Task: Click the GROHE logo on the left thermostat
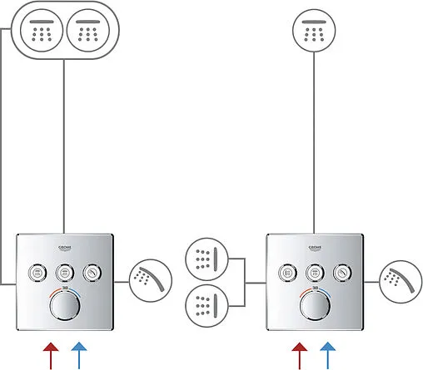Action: pyautogui.click(x=65, y=248)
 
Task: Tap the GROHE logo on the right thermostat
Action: pyautogui.click(x=314, y=248)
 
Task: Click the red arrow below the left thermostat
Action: pyautogui.click(x=52, y=355)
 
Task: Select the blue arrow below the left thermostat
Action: pyautogui.click(x=77, y=355)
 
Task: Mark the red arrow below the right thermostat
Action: pyautogui.click(x=301, y=355)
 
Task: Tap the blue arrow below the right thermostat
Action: pyautogui.click(x=327, y=355)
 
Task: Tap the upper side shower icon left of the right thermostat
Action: pyautogui.click(x=205, y=258)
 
